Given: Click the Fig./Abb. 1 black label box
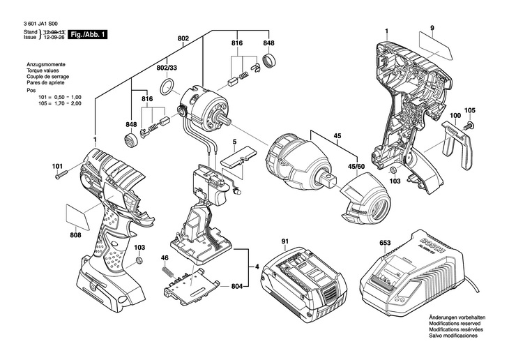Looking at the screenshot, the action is (x=89, y=35).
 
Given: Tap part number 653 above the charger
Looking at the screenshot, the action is (x=385, y=243).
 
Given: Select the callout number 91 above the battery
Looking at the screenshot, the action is (x=284, y=241).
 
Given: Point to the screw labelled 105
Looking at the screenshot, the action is (x=469, y=124).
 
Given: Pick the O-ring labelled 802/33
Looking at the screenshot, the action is (x=167, y=87).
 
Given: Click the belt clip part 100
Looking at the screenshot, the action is (x=457, y=144).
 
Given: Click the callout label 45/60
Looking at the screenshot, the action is (x=356, y=167).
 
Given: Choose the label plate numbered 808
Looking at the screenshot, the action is (x=79, y=216).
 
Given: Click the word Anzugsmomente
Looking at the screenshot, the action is (x=46, y=65).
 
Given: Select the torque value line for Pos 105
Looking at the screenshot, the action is (x=59, y=104).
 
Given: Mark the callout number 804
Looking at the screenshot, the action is (x=237, y=287).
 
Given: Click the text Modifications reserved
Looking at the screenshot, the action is (x=455, y=324).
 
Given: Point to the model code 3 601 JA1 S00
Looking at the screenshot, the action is (x=41, y=24).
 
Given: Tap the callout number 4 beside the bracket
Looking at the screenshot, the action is (x=257, y=267).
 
